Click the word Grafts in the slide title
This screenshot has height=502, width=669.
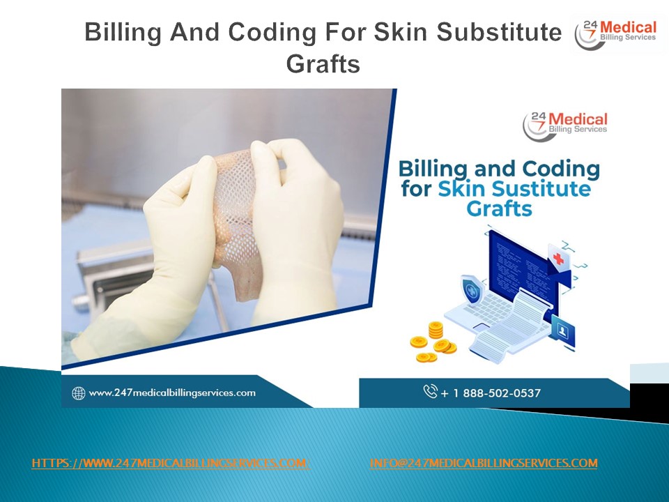[323, 64]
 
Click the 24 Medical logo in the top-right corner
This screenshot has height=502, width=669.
[615, 33]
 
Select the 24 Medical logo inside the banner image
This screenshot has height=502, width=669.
[565, 123]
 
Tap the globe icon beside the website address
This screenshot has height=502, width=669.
[79, 393]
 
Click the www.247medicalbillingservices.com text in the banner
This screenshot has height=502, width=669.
[172, 393]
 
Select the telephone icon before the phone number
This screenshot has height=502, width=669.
[430, 392]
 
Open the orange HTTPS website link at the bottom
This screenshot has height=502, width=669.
[171, 464]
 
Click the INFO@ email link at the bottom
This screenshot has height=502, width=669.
[483, 464]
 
